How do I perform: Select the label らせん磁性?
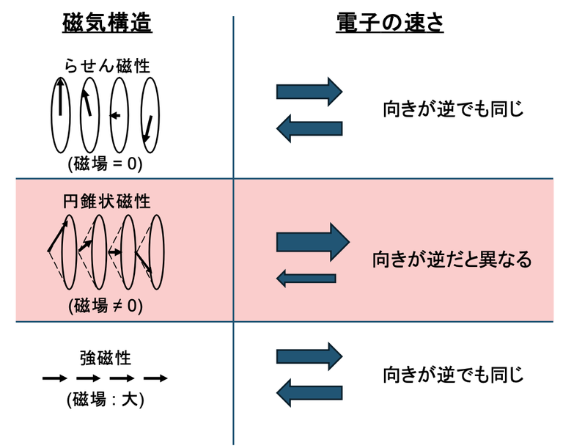coord(106,66)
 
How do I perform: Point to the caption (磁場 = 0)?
coord(106,164)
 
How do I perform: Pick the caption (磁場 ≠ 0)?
coord(106,304)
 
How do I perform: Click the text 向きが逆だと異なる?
coord(451,260)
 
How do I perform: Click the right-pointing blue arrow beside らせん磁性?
coord(309,92)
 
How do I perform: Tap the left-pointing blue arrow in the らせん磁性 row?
coord(309,129)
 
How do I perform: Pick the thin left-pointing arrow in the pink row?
coord(306,279)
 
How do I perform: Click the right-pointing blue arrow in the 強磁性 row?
coord(309,356)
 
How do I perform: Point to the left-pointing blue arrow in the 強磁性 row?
coord(309,394)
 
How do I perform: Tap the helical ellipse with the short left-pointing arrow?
coord(117,114)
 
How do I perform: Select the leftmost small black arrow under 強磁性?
coord(54,378)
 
